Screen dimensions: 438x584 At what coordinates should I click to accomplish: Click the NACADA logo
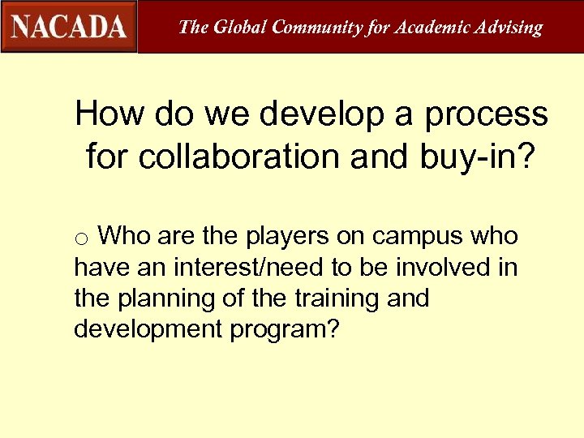click(69, 27)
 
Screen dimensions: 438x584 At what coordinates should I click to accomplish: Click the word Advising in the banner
click(508, 27)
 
